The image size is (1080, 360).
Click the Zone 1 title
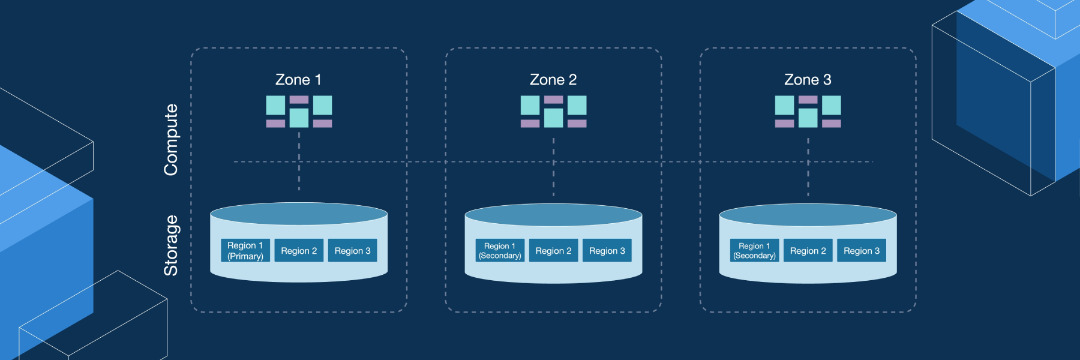tap(298, 80)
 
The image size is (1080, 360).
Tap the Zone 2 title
tap(553, 80)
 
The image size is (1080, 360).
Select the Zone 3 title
tap(808, 80)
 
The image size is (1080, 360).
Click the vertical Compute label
tap(171, 140)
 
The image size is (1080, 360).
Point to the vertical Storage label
tap(171, 245)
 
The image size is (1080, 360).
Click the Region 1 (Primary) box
tap(245, 251)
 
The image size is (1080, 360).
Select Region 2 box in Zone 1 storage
tap(299, 251)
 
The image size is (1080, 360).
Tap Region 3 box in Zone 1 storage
tap(352, 251)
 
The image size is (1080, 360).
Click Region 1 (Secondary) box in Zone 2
tap(500, 251)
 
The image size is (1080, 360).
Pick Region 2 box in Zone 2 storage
tap(553, 251)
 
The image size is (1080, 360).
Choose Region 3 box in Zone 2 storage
tap(607, 251)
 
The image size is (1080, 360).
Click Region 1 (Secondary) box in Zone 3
tap(754, 251)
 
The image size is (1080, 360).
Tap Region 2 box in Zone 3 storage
tap(808, 251)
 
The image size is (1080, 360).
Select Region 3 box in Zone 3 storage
tap(862, 251)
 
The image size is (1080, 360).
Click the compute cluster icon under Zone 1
tap(299, 112)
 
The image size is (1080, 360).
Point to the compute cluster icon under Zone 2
tap(553, 112)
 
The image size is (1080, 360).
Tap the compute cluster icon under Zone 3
tap(808, 112)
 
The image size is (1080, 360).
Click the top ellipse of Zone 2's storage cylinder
tap(553, 215)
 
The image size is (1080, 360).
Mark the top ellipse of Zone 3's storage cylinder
tap(808, 215)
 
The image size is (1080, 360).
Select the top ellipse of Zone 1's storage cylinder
tap(299, 214)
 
